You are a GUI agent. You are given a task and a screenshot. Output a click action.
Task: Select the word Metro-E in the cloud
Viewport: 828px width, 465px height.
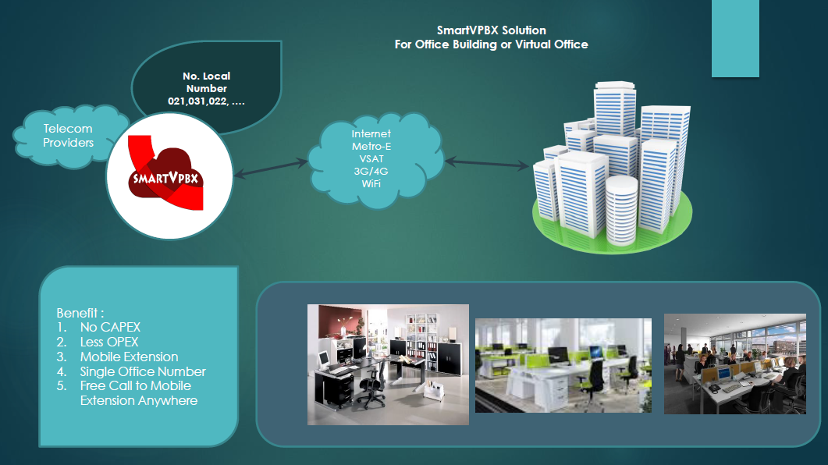click(x=371, y=146)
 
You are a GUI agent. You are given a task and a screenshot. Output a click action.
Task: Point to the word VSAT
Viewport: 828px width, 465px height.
click(x=371, y=158)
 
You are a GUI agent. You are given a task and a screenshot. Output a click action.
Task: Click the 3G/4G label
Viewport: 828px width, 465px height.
click(x=371, y=171)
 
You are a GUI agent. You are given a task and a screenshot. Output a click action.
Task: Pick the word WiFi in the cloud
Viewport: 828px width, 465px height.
click(x=371, y=183)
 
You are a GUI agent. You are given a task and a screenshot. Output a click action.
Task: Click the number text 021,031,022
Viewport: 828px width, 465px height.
click(x=207, y=101)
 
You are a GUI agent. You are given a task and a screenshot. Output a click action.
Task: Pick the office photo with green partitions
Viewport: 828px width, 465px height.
click(x=563, y=365)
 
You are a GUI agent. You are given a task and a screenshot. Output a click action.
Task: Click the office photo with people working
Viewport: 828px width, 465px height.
click(x=734, y=364)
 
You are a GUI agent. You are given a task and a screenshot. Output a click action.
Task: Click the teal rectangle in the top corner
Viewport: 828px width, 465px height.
click(x=735, y=38)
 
